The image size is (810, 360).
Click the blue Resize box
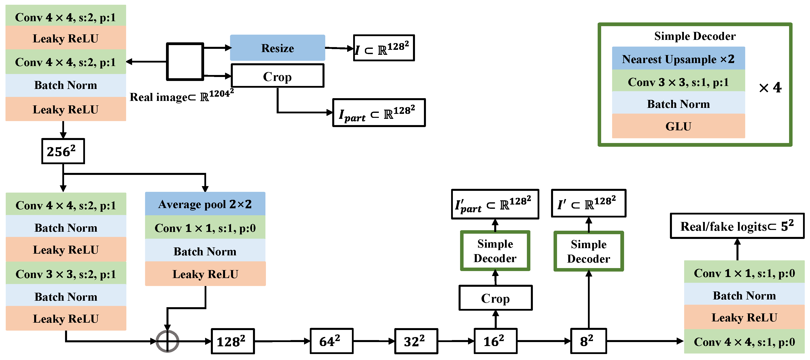coord(277,48)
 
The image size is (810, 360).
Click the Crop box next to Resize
coord(277,76)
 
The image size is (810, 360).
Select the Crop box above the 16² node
coord(495,298)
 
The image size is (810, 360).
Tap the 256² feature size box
coord(63,151)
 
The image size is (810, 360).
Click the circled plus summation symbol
coord(167,341)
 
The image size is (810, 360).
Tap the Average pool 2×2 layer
coord(205,204)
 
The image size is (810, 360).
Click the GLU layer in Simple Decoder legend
coord(678,126)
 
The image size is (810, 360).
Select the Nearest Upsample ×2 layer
coord(678,59)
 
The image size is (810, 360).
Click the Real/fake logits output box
coord(737,226)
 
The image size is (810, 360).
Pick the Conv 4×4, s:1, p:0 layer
coord(744,342)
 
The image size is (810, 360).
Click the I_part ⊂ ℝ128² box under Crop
coord(379,113)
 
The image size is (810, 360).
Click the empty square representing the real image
coord(185,62)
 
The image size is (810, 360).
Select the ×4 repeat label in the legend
coord(770,87)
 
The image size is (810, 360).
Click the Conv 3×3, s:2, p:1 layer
coord(66,274)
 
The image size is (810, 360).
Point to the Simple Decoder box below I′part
coord(495,251)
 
